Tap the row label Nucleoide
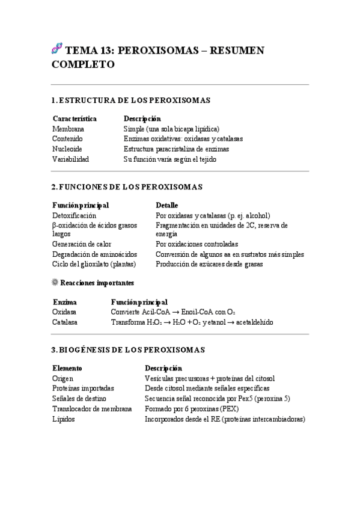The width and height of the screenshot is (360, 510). pyautogui.click(x=67, y=149)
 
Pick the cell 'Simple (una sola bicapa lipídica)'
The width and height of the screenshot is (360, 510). pyautogui.click(x=171, y=129)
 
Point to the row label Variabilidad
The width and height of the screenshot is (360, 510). pyautogui.click(x=71, y=159)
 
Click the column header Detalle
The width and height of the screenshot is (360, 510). pyautogui.click(x=166, y=205)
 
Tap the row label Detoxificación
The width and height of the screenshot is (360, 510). pyautogui.click(x=75, y=215)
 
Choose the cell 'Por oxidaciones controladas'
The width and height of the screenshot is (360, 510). pyautogui.click(x=197, y=244)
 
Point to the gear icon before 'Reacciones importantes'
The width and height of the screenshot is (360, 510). pyautogui.click(x=56, y=282)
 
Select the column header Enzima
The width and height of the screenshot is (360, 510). pyautogui.click(x=64, y=302)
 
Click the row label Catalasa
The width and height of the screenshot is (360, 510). pyautogui.click(x=65, y=322)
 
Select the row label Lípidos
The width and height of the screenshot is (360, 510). pyautogui.click(x=64, y=419)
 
